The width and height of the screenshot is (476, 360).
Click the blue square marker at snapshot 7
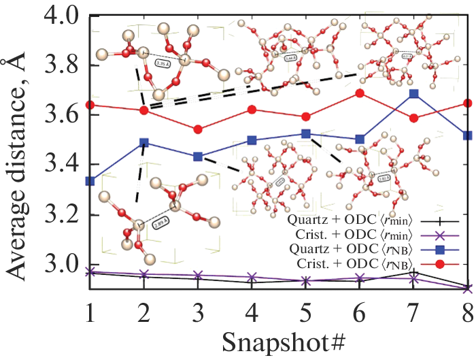pos(413,94)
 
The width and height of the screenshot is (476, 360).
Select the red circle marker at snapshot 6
pos(360,93)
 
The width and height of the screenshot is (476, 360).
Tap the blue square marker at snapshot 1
pos(90,181)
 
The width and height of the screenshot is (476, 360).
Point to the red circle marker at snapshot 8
pos(467,103)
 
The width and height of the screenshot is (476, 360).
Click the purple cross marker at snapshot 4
pos(252,278)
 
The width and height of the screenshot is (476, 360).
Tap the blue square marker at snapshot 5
pos(305,133)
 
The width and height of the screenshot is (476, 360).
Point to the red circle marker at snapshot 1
pos(90,105)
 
